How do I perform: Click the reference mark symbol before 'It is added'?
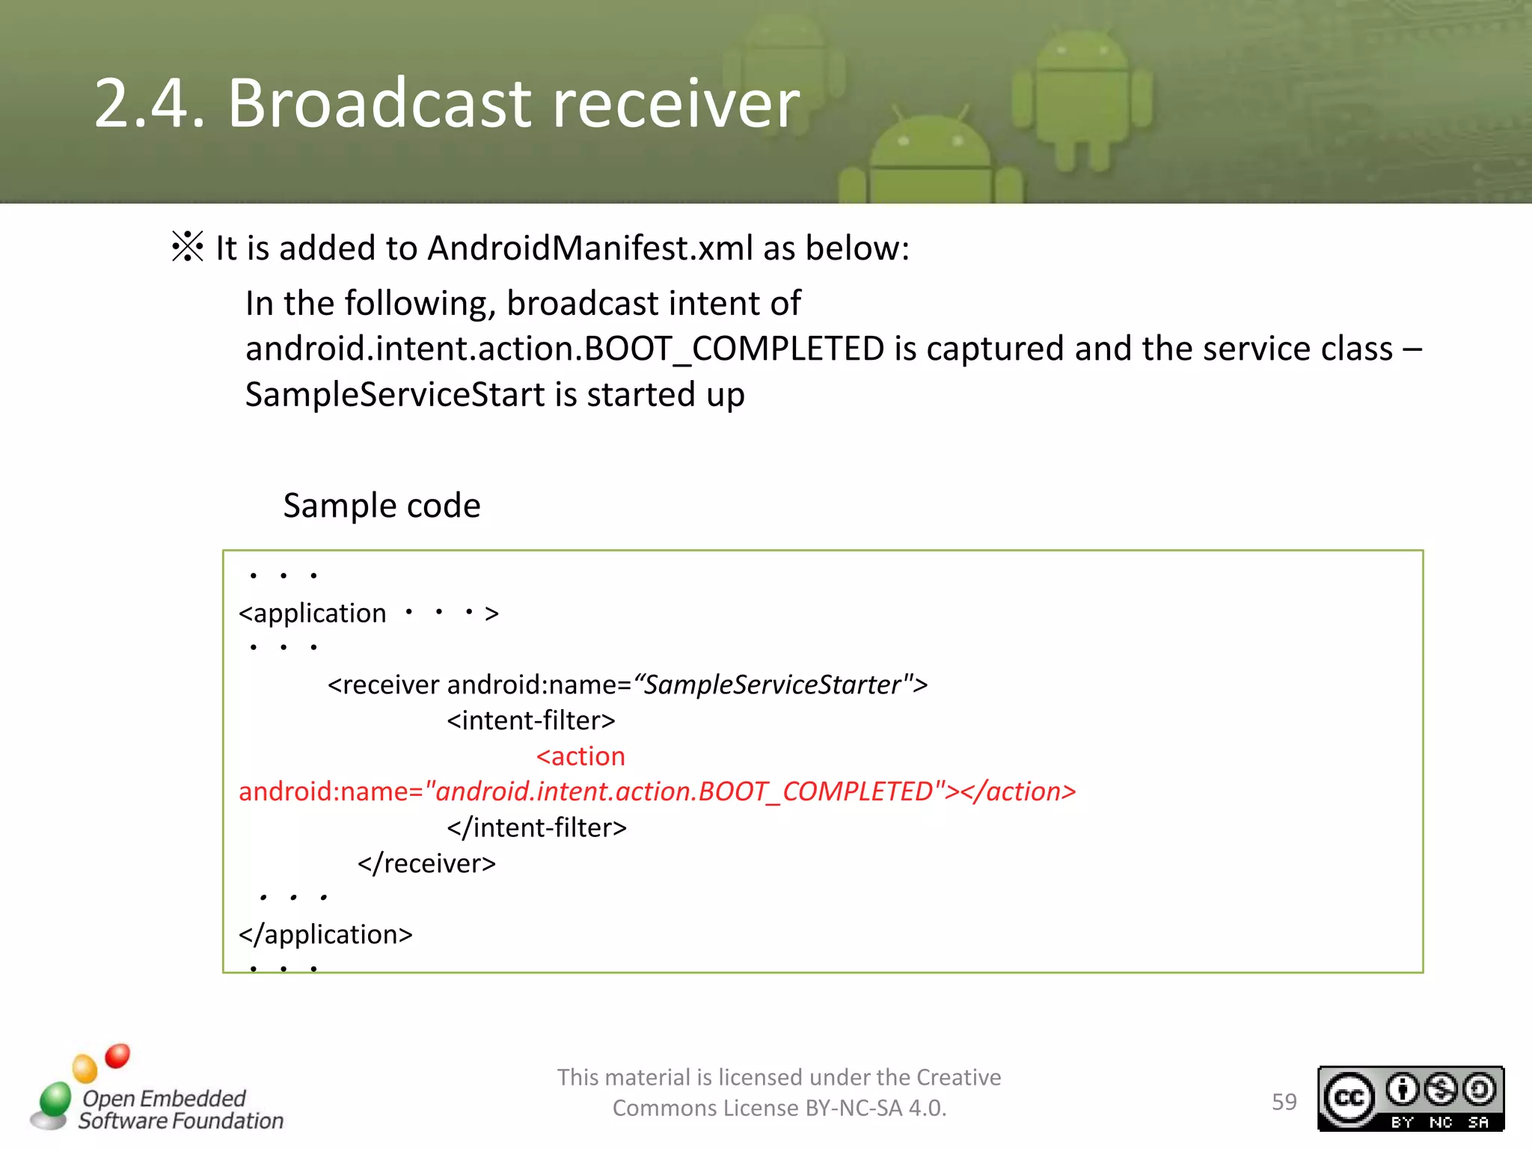click(187, 247)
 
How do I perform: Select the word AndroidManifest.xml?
click(589, 248)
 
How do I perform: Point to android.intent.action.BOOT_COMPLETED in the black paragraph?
click(565, 349)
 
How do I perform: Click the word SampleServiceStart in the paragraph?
click(395, 394)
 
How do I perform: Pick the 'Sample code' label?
click(382, 506)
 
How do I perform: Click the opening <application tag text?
click(313, 613)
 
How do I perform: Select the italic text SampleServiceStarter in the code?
click(772, 684)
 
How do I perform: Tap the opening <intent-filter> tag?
click(531, 720)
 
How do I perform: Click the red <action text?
click(580, 756)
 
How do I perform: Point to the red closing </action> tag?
click(1018, 791)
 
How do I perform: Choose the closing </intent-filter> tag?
click(536, 827)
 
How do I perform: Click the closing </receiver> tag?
click(426, 863)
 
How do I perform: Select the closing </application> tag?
click(325, 934)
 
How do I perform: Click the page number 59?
click(1284, 1102)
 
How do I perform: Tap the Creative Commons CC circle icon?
click(1349, 1098)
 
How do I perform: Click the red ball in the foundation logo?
click(117, 1055)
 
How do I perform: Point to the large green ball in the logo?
click(55, 1098)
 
